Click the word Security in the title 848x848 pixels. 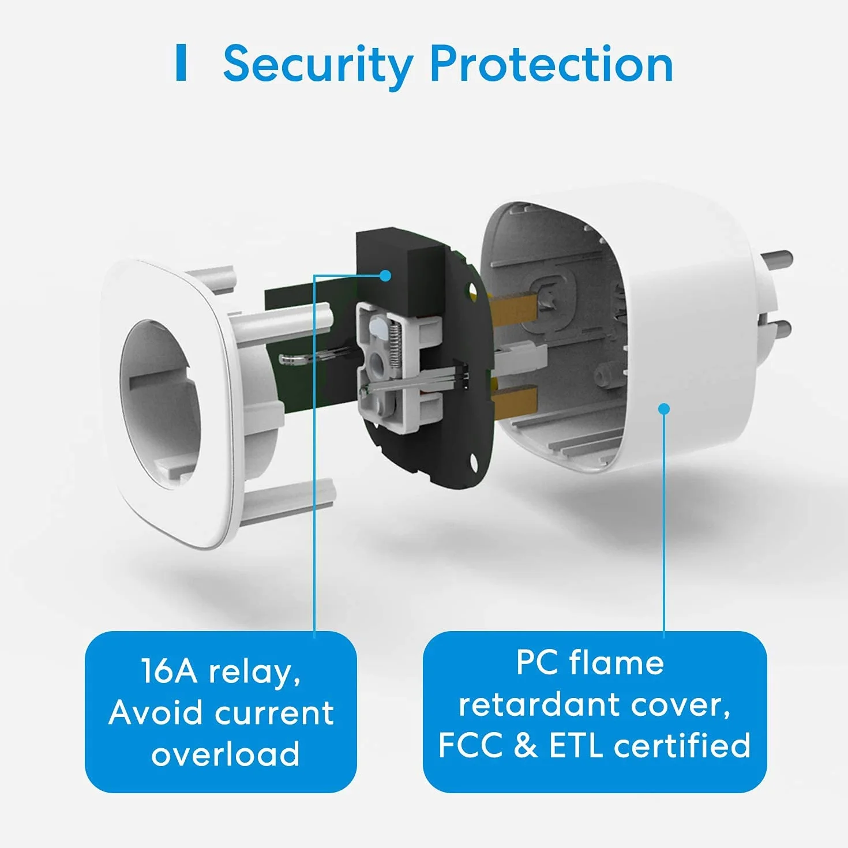coord(318,66)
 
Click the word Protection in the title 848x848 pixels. coord(552,64)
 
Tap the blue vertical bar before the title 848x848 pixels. coord(181,62)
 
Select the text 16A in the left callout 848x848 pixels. coord(169,672)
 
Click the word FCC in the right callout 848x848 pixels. coord(470,745)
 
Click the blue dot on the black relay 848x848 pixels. coord(385,276)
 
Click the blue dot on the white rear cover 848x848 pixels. coord(664,409)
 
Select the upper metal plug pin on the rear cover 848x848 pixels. coord(776,261)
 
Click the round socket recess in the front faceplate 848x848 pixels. coord(160,405)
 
